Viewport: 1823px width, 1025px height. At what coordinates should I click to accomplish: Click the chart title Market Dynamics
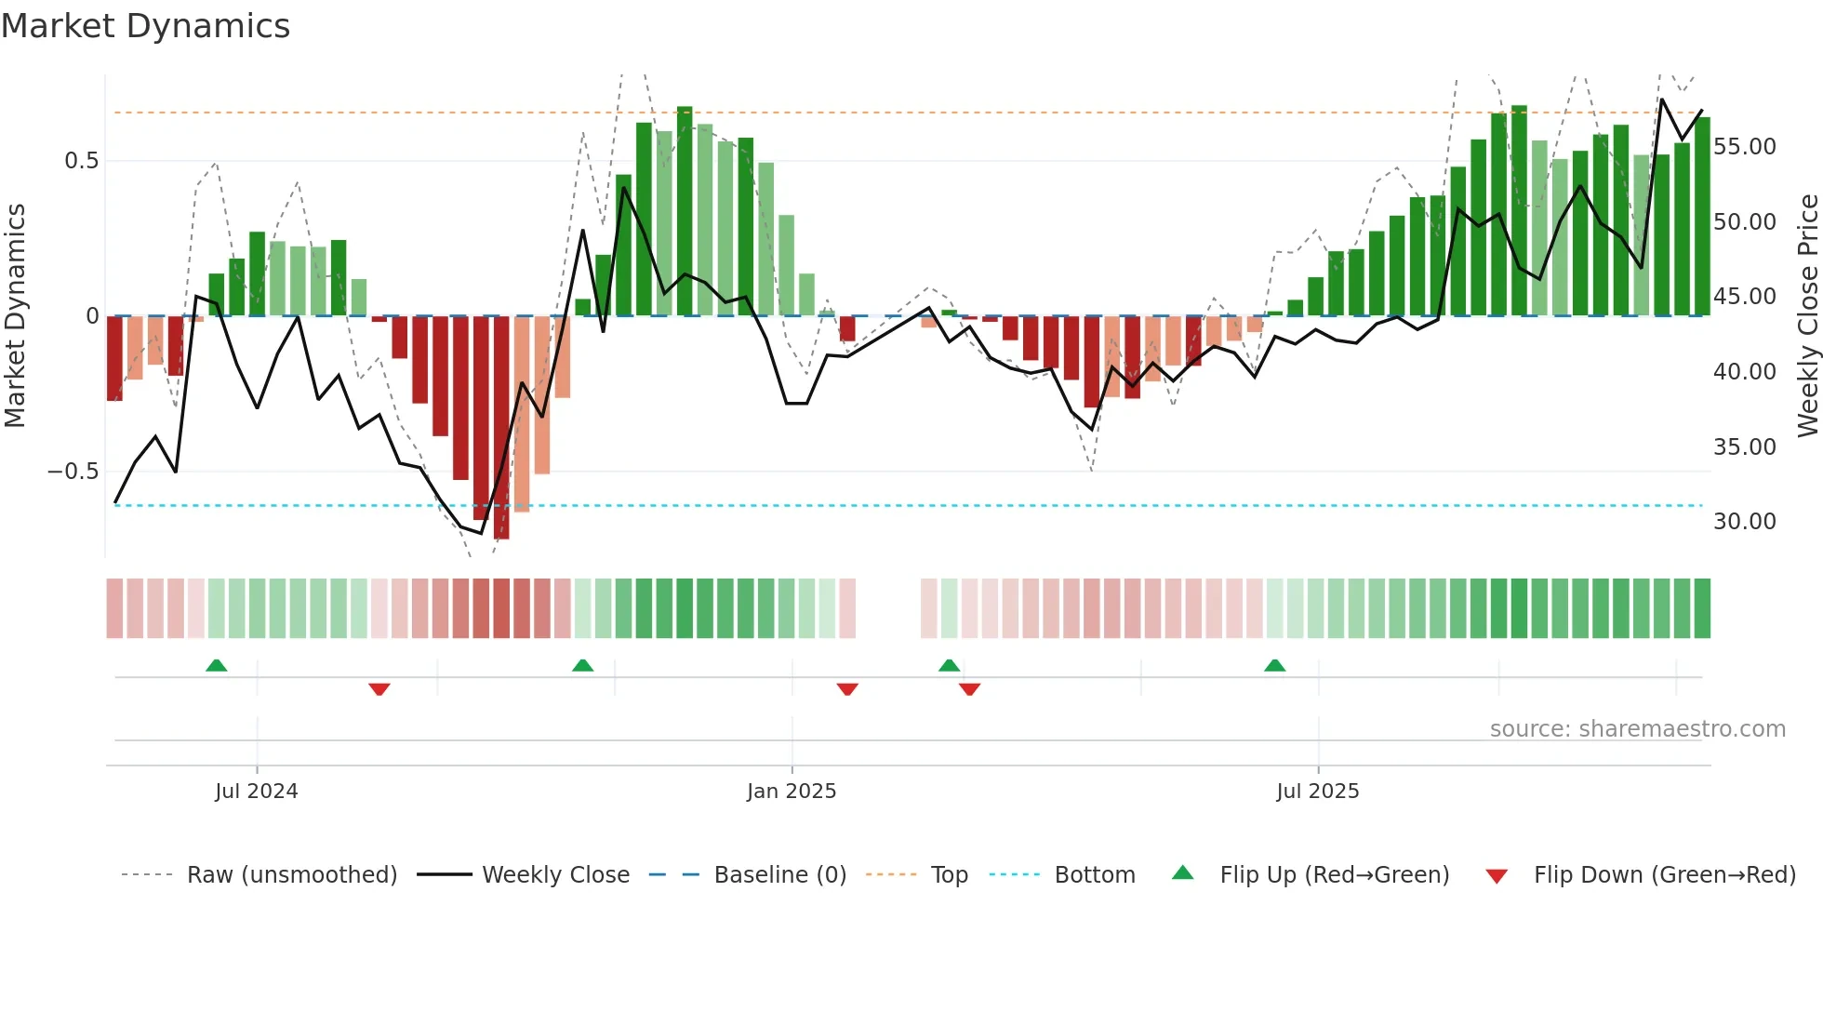[x=146, y=26]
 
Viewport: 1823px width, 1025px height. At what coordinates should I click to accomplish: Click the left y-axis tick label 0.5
[x=81, y=161]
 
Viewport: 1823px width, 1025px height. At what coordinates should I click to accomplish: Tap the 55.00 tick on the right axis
[x=1744, y=147]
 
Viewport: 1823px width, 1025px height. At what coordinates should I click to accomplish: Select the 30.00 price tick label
[x=1744, y=522]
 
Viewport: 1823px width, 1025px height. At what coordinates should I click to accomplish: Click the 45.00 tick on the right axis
[x=1744, y=297]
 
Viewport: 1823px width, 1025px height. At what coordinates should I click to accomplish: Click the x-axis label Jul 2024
[x=256, y=792]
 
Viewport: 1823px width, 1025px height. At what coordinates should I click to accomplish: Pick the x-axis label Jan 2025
[x=792, y=792]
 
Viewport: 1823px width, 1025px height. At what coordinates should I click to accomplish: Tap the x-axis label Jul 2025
[x=1317, y=792]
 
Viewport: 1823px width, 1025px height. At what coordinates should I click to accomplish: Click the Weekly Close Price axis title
[x=1807, y=315]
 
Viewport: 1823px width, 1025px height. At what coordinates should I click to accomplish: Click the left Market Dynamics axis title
[x=15, y=315]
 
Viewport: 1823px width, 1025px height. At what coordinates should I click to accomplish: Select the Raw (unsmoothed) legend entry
[x=291, y=875]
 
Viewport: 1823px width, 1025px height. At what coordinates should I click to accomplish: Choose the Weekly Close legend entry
[x=555, y=875]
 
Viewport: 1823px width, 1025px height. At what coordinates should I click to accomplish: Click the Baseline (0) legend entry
[x=779, y=875]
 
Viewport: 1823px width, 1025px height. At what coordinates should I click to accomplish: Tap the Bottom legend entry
[x=1095, y=875]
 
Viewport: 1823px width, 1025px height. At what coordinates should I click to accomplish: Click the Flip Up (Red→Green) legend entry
[x=1334, y=875]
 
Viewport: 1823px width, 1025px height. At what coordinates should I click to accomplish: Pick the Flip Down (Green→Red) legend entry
[x=1664, y=875]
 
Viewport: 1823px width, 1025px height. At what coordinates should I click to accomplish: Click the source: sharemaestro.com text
[x=1637, y=729]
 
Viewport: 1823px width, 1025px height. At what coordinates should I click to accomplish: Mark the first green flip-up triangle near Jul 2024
[x=216, y=665]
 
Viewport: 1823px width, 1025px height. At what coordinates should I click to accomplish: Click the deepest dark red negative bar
[x=501, y=428]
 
